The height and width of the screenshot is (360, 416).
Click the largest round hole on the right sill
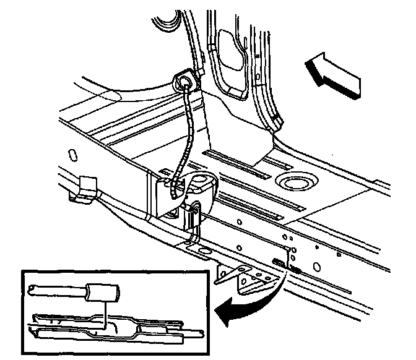[316, 267]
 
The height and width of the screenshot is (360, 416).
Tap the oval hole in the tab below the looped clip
[203, 251]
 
